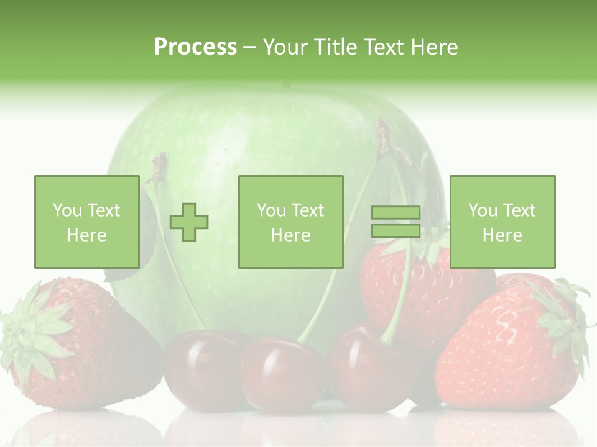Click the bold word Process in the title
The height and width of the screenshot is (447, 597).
[195, 47]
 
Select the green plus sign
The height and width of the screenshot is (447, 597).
[189, 222]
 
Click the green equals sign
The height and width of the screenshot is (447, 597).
[396, 222]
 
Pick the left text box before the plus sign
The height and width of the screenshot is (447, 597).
[86, 222]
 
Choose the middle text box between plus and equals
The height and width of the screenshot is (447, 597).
[290, 222]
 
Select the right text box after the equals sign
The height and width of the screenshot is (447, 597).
[502, 222]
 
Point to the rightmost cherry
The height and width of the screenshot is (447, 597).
[367, 369]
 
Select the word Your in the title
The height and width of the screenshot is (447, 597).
[285, 47]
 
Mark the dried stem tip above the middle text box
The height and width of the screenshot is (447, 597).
[383, 133]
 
